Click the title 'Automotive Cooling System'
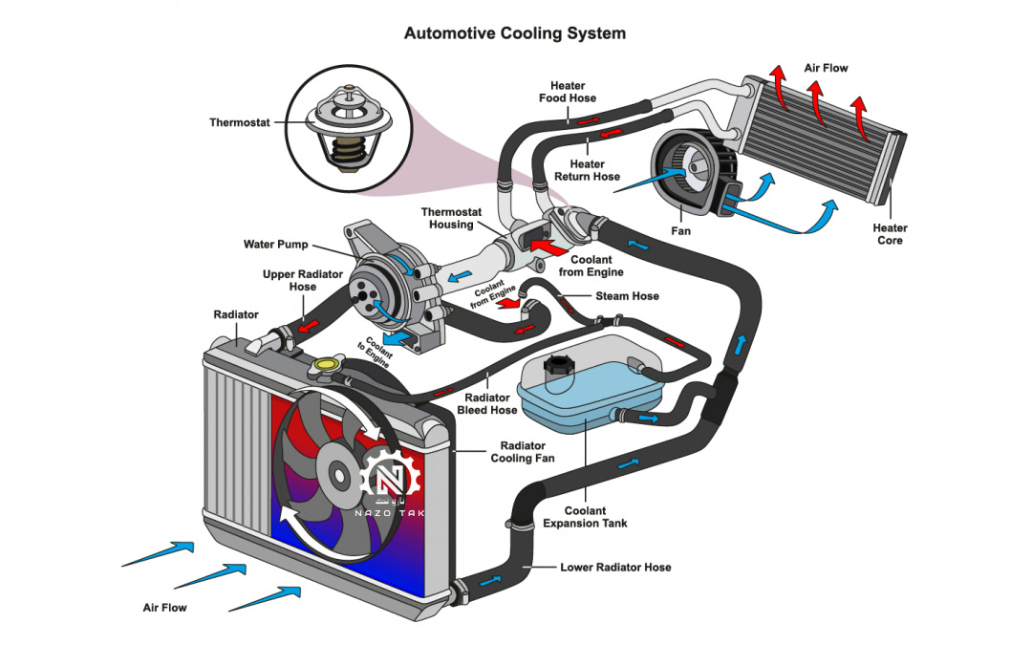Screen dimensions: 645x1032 [x=515, y=33]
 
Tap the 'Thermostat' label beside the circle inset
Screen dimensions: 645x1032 [x=240, y=122]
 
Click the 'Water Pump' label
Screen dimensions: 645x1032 [x=276, y=245]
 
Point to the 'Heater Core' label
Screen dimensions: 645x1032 [x=890, y=234]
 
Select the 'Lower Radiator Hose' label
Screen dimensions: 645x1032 [x=615, y=567]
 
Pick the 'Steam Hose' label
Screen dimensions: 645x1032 [x=627, y=296]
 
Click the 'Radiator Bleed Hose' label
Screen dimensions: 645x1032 [x=490, y=404]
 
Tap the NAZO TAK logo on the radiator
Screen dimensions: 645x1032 [x=391, y=487]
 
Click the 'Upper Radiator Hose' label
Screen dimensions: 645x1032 [x=303, y=281]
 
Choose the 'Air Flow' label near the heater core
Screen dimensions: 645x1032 [x=826, y=68]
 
